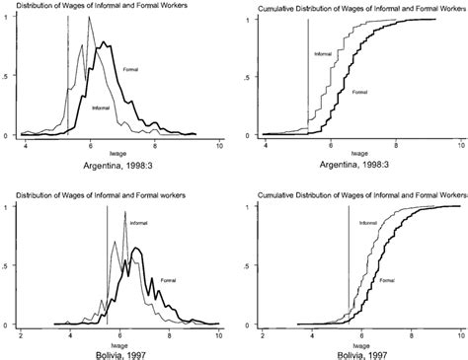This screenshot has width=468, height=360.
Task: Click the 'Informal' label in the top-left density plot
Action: (101, 107)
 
